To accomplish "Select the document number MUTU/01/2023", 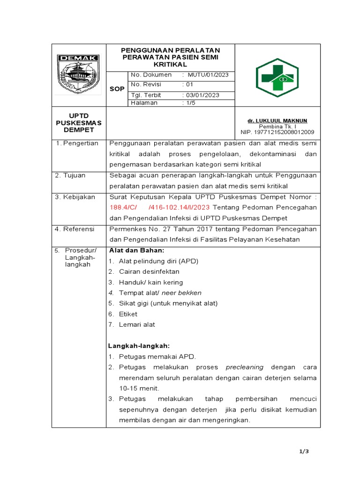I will click(208, 75).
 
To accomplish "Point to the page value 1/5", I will click(189, 103).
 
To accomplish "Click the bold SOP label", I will click(117, 89).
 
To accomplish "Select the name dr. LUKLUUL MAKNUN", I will click(277, 120).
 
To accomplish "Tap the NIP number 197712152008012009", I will click(277, 132).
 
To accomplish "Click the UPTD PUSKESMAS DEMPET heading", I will click(79, 122).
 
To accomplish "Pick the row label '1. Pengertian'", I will click(76, 143).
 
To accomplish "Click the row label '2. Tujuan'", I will click(70, 175).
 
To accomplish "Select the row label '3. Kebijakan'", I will click(75, 197).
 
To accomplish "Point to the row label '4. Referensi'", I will click(75, 229).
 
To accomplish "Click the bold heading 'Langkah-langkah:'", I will click(139, 345).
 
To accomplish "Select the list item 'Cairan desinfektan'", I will click(149, 271).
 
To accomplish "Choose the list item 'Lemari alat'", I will click(137, 324).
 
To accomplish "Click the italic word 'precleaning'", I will click(245, 367).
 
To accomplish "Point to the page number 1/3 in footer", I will click(304, 451).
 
